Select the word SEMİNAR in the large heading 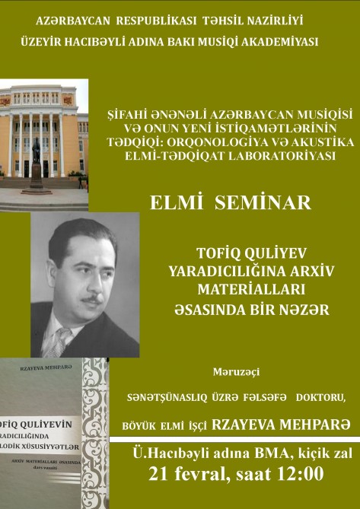click(x=263, y=203)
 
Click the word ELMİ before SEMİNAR click(x=177, y=203)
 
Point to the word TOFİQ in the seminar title click(x=217, y=254)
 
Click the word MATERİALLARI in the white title click(x=252, y=290)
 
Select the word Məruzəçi click(x=236, y=373)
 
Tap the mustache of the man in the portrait click(x=92, y=298)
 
